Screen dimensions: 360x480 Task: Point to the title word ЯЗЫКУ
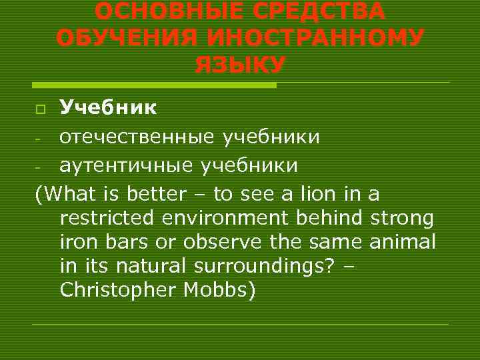pyautogui.click(x=240, y=65)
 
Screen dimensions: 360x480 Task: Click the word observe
pyautogui.click(x=228, y=242)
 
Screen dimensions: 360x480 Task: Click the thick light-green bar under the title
pyautogui.click(x=154, y=85)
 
